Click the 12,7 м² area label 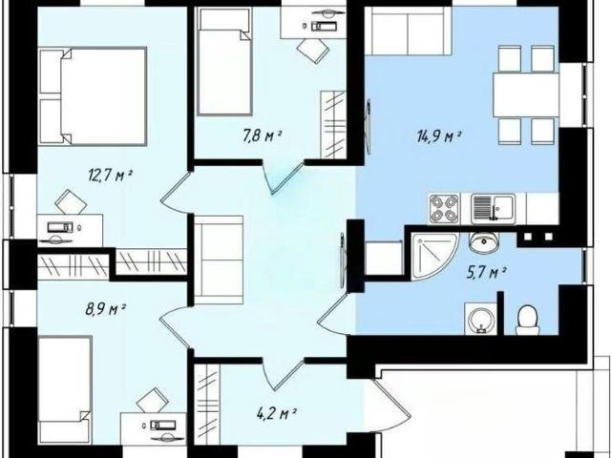111,176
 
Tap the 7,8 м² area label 263,136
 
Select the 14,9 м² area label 439,137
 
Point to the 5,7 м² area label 486,273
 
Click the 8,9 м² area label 105,309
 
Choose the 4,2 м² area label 277,413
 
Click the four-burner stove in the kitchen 444,209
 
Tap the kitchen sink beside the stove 494,209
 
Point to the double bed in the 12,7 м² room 93,96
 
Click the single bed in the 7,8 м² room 224,61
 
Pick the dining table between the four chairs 526,94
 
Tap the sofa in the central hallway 219,260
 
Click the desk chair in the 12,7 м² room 71,202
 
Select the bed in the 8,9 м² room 65,390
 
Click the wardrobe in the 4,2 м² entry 207,404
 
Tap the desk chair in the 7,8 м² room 313,51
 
